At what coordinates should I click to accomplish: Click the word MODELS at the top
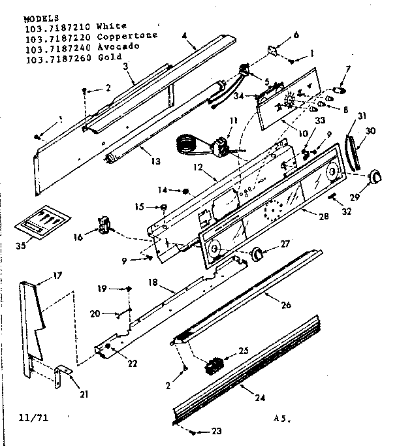(40, 18)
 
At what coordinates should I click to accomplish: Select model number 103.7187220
(57, 37)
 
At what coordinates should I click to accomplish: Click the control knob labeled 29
(375, 176)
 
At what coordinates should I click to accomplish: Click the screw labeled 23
(191, 431)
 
